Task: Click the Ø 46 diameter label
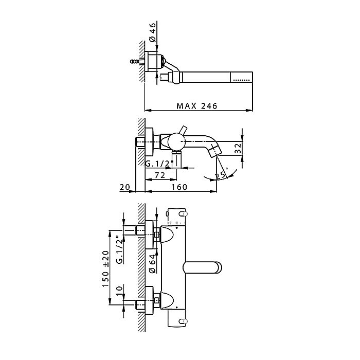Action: [x=152, y=32]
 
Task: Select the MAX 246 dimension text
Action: [x=197, y=106]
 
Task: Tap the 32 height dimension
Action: [x=238, y=148]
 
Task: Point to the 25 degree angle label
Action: [x=221, y=175]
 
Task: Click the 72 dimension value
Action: [x=160, y=175]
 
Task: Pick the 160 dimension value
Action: [x=179, y=187]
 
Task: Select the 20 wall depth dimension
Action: [x=124, y=187]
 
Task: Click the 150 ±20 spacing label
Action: [x=105, y=268]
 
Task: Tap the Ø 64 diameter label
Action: [x=152, y=263]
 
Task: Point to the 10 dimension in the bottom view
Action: [x=119, y=291]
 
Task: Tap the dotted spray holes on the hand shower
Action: [x=241, y=80]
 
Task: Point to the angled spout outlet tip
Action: [x=214, y=151]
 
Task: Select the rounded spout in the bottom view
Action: [x=203, y=268]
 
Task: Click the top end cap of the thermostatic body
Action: [x=176, y=217]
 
